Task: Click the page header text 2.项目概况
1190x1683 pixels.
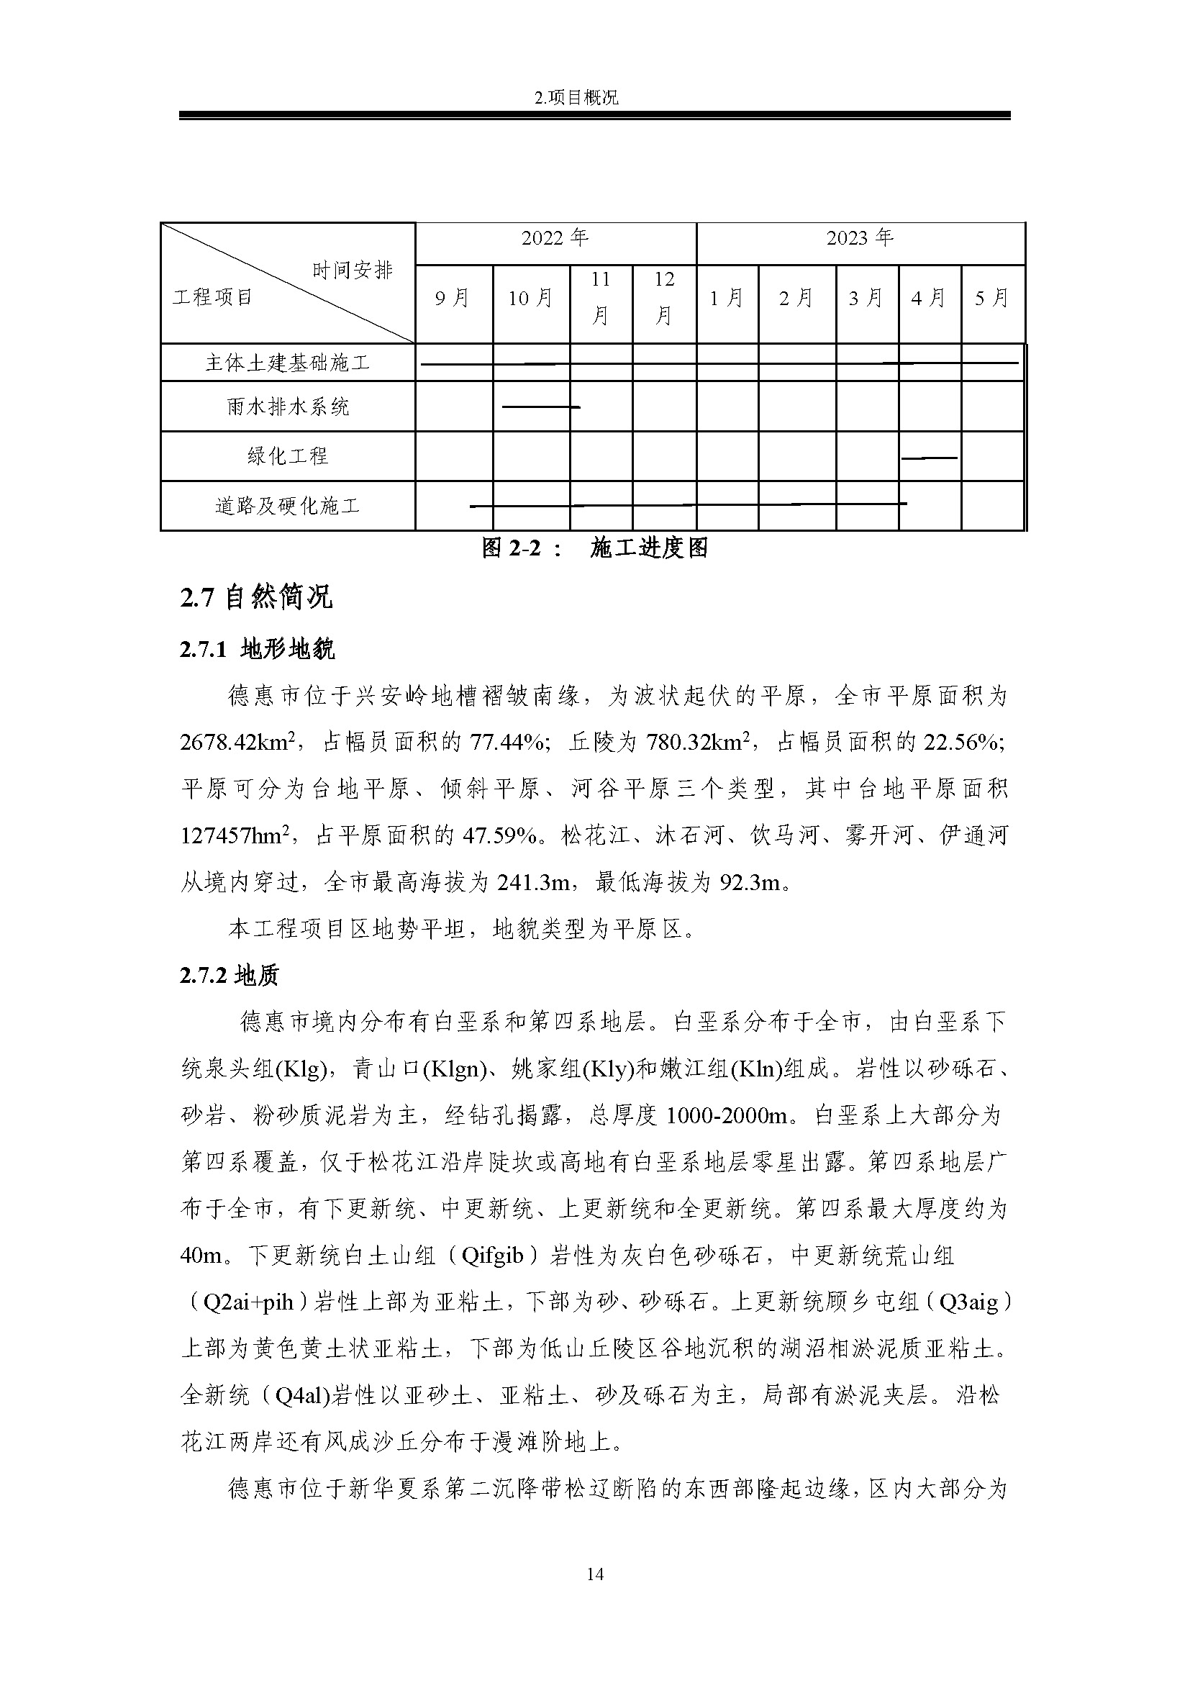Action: point(577,97)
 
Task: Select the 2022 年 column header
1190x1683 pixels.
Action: point(555,238)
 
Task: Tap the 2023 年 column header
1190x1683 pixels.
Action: point(860,238)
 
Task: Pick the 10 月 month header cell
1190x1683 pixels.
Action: point(530,299)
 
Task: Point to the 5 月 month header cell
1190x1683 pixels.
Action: point(991,299)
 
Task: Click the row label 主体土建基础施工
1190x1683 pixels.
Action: point(287,363)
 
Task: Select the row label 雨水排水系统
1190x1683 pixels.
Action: point(287,407)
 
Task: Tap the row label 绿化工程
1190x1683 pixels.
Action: point(287,456)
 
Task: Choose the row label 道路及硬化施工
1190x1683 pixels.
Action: point(287,506)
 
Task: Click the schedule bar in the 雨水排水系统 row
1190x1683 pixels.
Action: point(541,407)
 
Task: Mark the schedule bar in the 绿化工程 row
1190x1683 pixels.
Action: point(928,458)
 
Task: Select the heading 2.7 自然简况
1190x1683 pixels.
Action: point(255,597)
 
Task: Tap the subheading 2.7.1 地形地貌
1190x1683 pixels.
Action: point(256,649)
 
